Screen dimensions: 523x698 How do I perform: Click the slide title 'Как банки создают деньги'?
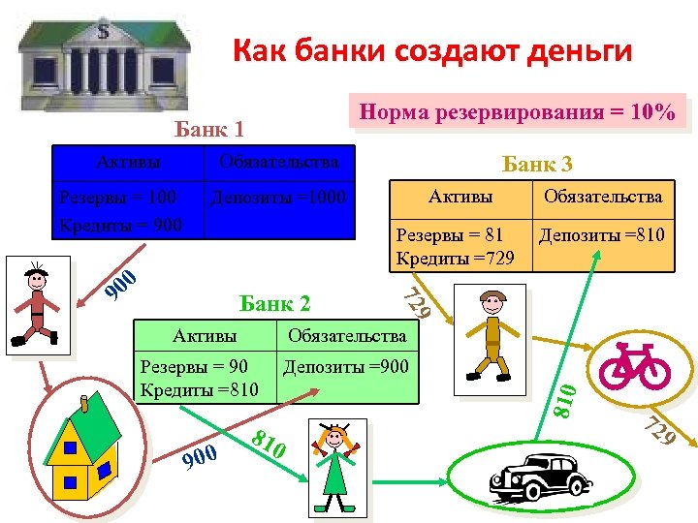coord(431,49)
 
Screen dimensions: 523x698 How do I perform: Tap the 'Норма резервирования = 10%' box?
coord(517,112)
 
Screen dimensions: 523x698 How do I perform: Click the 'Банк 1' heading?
coord(208,129)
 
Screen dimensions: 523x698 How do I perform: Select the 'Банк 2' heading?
coord(274,304)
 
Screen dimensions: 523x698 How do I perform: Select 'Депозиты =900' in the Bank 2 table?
coord(346,366)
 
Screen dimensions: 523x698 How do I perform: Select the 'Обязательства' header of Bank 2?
coord(346,336)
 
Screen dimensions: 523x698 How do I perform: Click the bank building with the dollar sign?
coord(102,53)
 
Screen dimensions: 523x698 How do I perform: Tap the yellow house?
coord(82,451)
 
